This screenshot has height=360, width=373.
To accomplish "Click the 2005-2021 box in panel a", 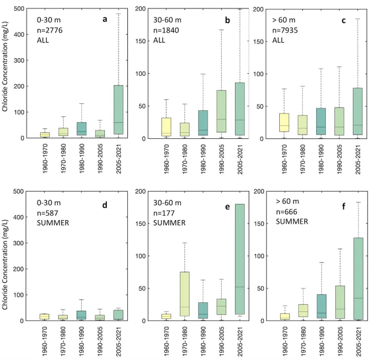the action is coord(118,110).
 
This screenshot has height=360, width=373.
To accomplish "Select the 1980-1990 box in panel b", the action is coord(203,123).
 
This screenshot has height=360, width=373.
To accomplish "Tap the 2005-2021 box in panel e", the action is coord(240,259).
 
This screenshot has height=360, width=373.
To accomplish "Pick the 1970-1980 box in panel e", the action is coord(185,294).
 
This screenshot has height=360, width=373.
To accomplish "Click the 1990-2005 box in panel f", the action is coord(340,302).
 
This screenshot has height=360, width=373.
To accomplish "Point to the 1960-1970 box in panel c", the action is coord(284,122).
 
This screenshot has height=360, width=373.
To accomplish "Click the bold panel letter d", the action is coord(105,205).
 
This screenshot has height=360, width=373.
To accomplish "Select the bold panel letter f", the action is coord(343,206).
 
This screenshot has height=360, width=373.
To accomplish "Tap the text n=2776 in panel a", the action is coord(49,30).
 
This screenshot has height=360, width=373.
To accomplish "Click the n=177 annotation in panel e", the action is coord(163,213).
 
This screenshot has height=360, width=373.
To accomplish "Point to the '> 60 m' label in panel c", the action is coord(284,20).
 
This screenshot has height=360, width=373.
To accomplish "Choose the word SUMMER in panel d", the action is coord(53,223).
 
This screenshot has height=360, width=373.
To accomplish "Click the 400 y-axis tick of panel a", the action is coord(19,35).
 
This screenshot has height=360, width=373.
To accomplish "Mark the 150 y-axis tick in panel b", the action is coord(140,41).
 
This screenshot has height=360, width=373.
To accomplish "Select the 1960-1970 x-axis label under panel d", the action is coord(45,341).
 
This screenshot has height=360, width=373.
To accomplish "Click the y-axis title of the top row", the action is coord(5,66).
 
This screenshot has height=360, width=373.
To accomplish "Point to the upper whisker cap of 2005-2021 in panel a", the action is coord(118,14).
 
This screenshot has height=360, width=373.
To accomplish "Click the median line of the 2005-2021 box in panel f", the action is coord(358,298).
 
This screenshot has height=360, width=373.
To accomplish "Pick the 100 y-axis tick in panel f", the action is coord(259,256).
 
